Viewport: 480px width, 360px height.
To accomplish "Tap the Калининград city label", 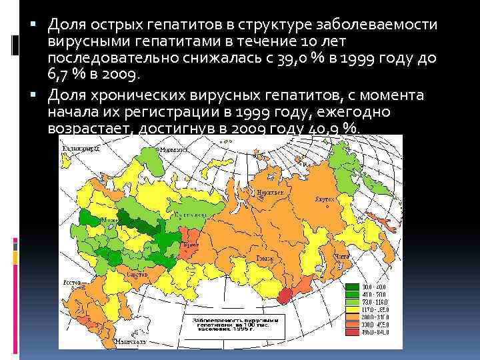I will pos(78,149).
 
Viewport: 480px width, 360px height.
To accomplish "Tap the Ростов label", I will pos(71,283).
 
